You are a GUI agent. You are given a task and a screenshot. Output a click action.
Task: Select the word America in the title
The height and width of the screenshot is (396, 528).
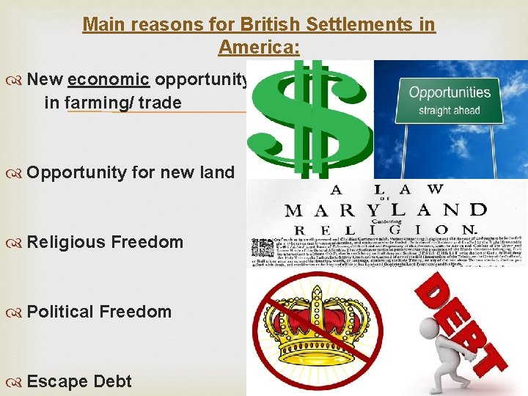(x=256, y=48)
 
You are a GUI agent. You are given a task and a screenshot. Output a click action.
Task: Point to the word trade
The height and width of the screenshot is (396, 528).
(x=158, y=103)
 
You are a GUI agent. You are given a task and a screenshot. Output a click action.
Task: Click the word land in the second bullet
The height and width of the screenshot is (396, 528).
(x=218, y=172)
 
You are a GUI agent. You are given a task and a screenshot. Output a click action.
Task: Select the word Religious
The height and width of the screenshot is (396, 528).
(x=68, y=242)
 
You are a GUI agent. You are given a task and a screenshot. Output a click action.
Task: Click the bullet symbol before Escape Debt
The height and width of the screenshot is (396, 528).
(x=16, y=381)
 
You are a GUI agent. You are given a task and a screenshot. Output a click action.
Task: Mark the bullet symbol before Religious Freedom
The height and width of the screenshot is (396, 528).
(x=16, y=242)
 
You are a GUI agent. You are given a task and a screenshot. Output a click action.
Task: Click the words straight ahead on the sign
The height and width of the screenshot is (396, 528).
(x=449, y=111)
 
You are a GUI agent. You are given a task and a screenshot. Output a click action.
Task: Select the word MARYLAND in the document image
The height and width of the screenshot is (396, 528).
(x=385, y=210)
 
